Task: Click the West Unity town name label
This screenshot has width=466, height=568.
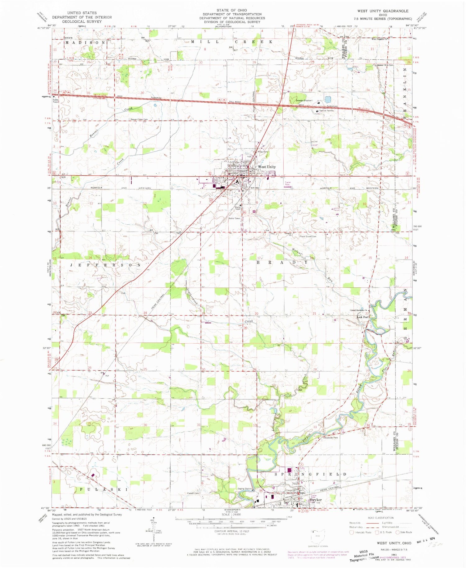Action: coord(267,167)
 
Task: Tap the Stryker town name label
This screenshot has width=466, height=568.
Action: coord(316,500)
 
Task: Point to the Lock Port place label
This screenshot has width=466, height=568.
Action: coord(362,317)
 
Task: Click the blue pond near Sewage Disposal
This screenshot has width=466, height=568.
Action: coord(327,100)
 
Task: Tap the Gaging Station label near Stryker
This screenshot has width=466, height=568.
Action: coord(244,489)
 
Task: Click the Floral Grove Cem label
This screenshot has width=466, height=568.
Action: coord(308,236)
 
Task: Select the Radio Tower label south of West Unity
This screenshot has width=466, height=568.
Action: coord(234,218)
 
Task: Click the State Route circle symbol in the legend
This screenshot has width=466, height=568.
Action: coord(397,532)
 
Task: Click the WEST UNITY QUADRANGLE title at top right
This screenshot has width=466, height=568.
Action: coord(383,11)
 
